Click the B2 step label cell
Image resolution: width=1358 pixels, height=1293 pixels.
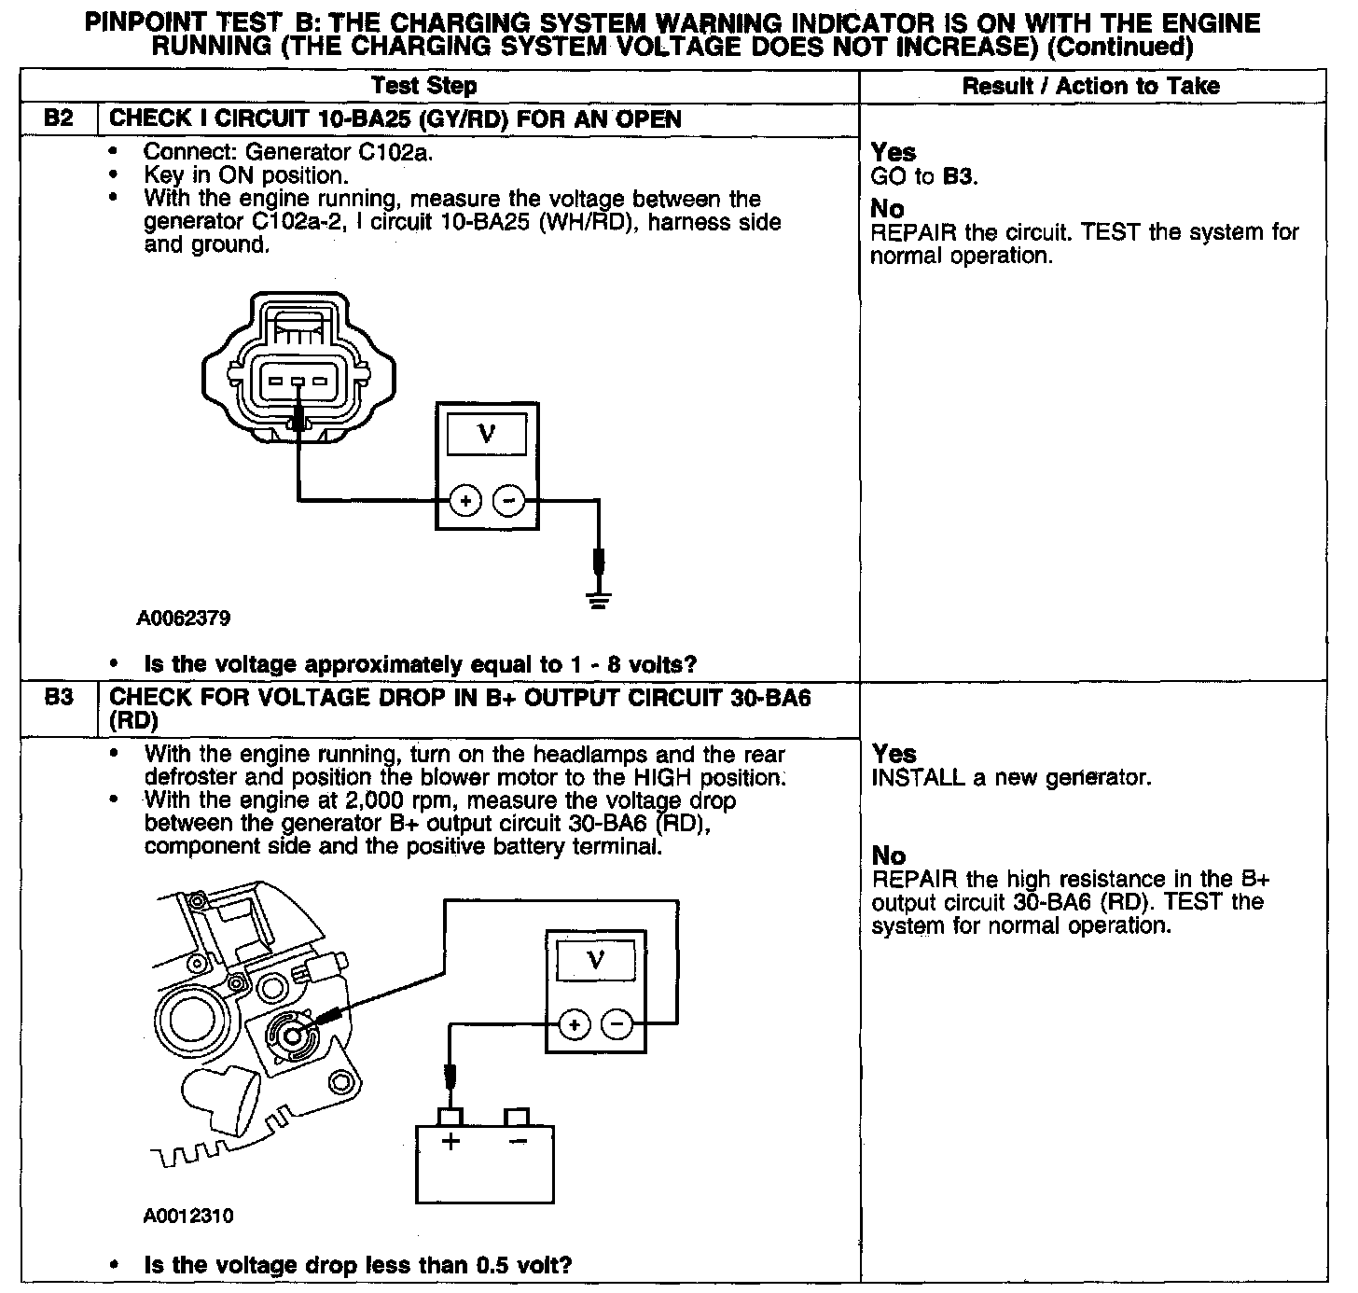pos(59,119)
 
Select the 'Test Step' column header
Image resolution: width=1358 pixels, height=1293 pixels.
pos(423,86)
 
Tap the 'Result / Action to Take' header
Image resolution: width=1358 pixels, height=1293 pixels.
pos(1090,86)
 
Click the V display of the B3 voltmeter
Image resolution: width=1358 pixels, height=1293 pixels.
pos(596,958)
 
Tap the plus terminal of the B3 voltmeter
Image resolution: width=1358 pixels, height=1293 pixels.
pos(575,1024)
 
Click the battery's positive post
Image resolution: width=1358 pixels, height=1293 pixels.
pos(450,1117)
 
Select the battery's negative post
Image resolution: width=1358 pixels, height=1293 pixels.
pos(517,1117)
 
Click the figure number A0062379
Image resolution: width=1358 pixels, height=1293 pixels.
pos(184,619)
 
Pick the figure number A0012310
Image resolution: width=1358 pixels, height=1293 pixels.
pos(187,1217)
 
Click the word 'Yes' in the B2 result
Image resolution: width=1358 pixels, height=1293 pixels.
pos(894,152)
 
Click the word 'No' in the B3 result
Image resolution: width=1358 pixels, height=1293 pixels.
pos(888,855)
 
